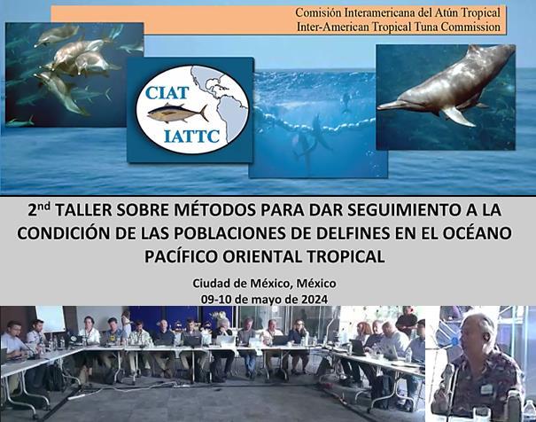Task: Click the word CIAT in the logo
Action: (167, 93)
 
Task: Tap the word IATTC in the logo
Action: (191, 137)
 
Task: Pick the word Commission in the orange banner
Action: (470, 27)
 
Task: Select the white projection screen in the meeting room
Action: (50, 319)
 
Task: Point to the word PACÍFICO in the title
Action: (181, 256)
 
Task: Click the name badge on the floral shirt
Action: (486, 388)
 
